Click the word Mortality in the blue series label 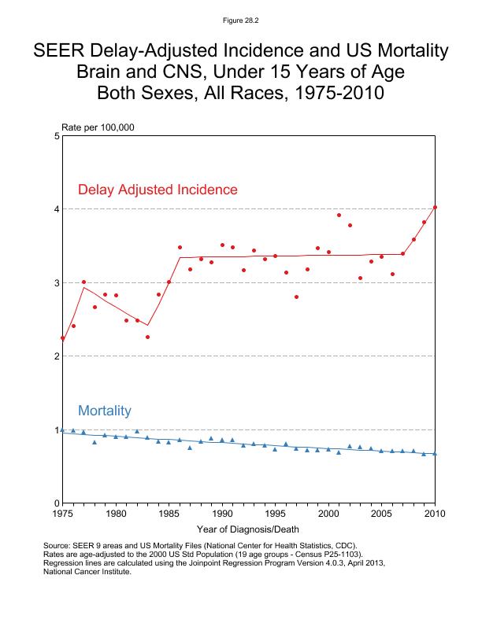pyautogui.click(x=104, y=411)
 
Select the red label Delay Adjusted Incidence pyautogui.click(x=158, y=190)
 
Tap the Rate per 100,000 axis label pyautogui.click(x=94, y=127)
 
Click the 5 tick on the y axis pyautogui.click(x=57, y=136)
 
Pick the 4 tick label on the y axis pyautogui.click(x=57, y=209)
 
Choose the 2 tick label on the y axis pyautogui.click(x=57, y=356)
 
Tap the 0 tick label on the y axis pyautogui.click(x=57, y=503)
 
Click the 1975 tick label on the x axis pyautogui.click(x=62, y=514)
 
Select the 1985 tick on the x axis pyautogui.click(x=169, y=514)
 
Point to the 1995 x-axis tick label pyautogui.click(x=275, y=514)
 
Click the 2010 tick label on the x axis pyautogui.click(x=435, y=514)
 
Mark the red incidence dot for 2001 pyautogui.click(x=339, y=215)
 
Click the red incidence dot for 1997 pyautogui.click(x=296, y=297)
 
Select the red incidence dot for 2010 pyautogui.click(x=435, y=208)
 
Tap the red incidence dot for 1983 pyautogui.click(x=147, y=337)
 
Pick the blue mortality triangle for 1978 pyautogui.click(x=95, y=442)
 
